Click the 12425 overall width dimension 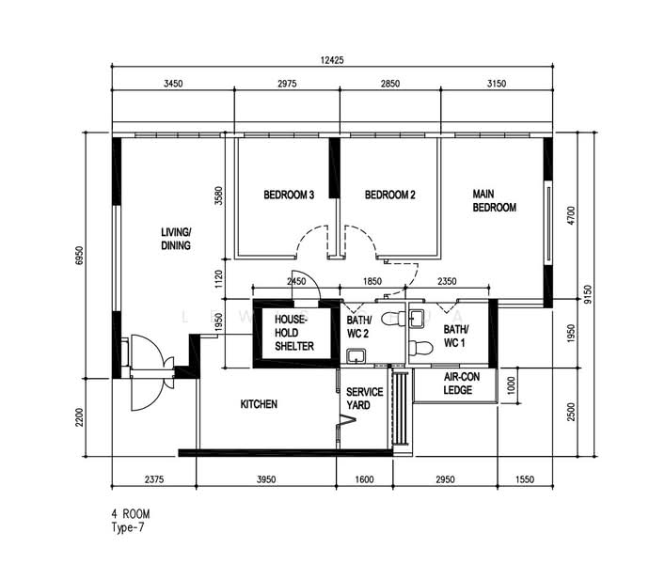click(x=332, y=60)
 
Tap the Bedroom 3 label click(x=289, y=195)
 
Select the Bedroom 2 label click(x=389, y=195)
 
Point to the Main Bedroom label click(x=494, y=201)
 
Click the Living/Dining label click(x=176, y=239)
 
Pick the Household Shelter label click(x=294, y=333)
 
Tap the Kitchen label click(x=259, y=404)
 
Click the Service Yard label click(x=364, y=399)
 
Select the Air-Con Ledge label click(x=462, y=384)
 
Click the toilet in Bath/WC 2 click(x=393, y=319)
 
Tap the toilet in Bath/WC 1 click(x=420, y=349)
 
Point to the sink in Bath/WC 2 click(x=356, y=356)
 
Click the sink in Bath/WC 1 click(x=417, y=319)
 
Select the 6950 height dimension click(x=79, y=256)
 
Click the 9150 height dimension click(x=587, y=294)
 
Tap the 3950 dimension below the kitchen click(x=266, y=479)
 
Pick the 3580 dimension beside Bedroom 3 click(x=218, y=196)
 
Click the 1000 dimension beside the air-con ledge click(x=511, y=385)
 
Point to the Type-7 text click(x=128, y=527)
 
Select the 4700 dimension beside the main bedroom click(x=571, y=215)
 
